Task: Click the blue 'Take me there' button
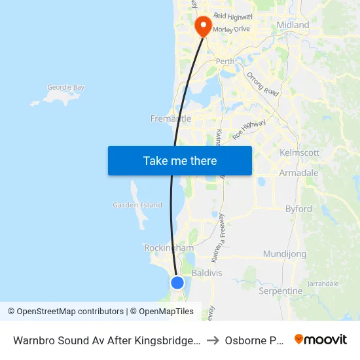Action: (180, 160)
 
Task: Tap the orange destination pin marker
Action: (203, 26)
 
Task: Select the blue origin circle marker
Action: (177, 282)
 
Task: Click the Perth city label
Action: (225, 62)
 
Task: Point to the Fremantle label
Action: (171, 118)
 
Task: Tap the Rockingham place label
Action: (169, 248)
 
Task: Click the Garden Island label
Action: (137, 205)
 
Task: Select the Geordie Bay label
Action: (65, 87)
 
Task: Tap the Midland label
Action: (293, 25)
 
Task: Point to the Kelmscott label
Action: (299, 153)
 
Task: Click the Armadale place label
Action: (298, 173)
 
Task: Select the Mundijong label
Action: (285, 253)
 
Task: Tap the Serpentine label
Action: (280, 291)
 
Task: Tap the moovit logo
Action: (321, 340)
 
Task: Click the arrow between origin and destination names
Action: (213, 340)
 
